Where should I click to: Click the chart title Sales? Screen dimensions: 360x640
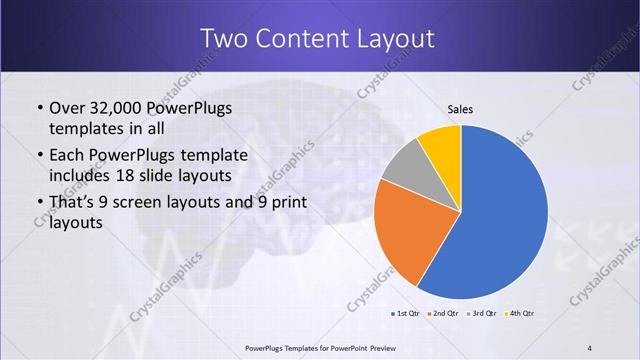460,109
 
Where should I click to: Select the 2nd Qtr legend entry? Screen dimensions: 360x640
444,313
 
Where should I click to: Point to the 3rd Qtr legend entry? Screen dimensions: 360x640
481,313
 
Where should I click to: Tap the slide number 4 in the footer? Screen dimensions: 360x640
591,347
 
